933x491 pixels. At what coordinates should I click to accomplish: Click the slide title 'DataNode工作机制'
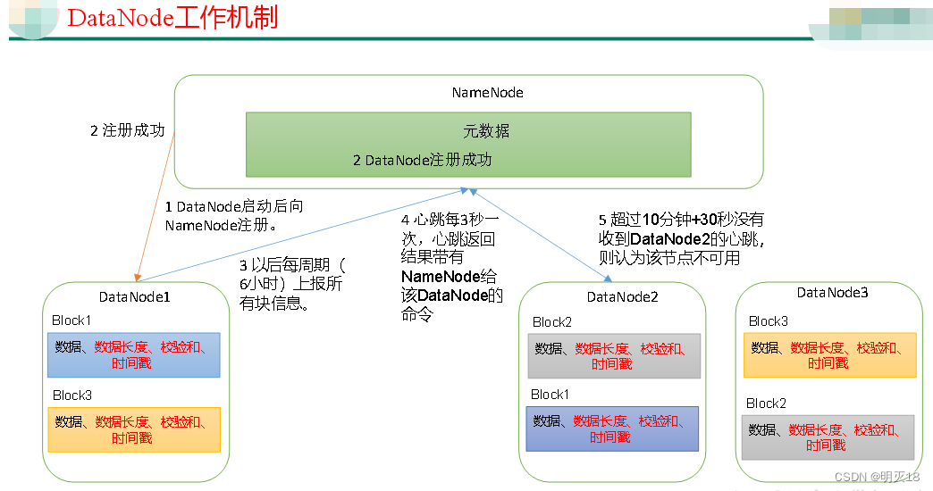coord(172,17)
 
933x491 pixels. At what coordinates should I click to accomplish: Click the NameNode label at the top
coord(487,93)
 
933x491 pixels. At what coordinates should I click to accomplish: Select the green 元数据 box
coord(468,143)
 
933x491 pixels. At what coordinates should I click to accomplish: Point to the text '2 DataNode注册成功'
coord(422,161)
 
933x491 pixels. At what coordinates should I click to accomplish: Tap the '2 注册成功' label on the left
coord(128,130)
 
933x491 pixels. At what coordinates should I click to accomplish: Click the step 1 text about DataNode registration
coord(234,216)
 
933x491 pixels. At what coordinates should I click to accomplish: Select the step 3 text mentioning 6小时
coord(290,285)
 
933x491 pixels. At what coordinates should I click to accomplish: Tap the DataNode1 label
coord(135,296)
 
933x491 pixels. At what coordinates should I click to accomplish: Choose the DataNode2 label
coord(622,297)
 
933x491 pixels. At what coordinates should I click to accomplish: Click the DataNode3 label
coord(832,293)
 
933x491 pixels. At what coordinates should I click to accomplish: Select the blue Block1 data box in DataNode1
coord(133,355)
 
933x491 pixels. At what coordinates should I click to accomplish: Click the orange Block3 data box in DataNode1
coord(133,429)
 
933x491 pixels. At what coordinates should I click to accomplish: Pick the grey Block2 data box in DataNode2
coord(613,356)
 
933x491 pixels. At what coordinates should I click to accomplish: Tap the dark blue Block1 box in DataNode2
coord(612,429)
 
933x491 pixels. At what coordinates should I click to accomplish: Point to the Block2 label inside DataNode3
coord(766,404)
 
